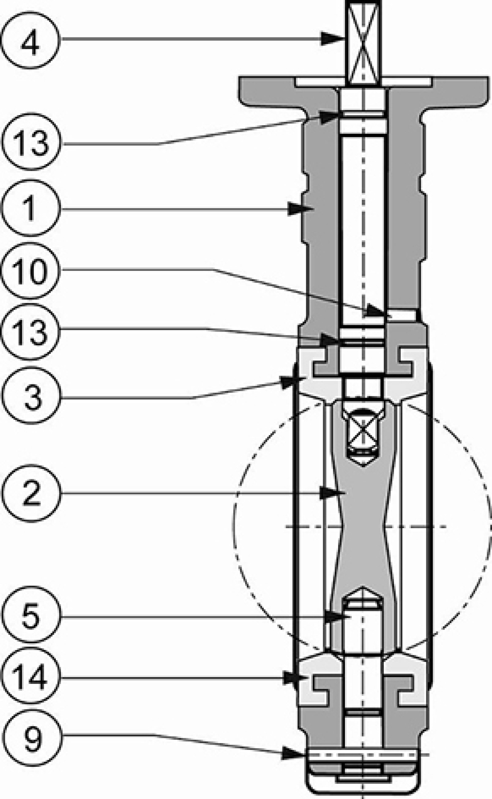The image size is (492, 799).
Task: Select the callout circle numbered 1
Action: click(x=30, y=208)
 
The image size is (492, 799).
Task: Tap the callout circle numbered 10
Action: click(x=30, y=270)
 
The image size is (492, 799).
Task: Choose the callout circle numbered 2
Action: click(x=30, y=493)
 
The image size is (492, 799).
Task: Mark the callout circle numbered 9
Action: click(x=30, y=739)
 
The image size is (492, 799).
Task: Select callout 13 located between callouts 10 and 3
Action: click(x=30, y=332)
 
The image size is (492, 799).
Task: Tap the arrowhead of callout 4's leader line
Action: click(x=334, y=39)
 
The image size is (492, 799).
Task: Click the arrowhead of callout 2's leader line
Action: click(x=332, y=493)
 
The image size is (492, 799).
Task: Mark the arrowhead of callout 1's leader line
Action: click(x=300, y=209)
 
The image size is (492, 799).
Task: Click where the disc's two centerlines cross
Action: click(x=363, y=526)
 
